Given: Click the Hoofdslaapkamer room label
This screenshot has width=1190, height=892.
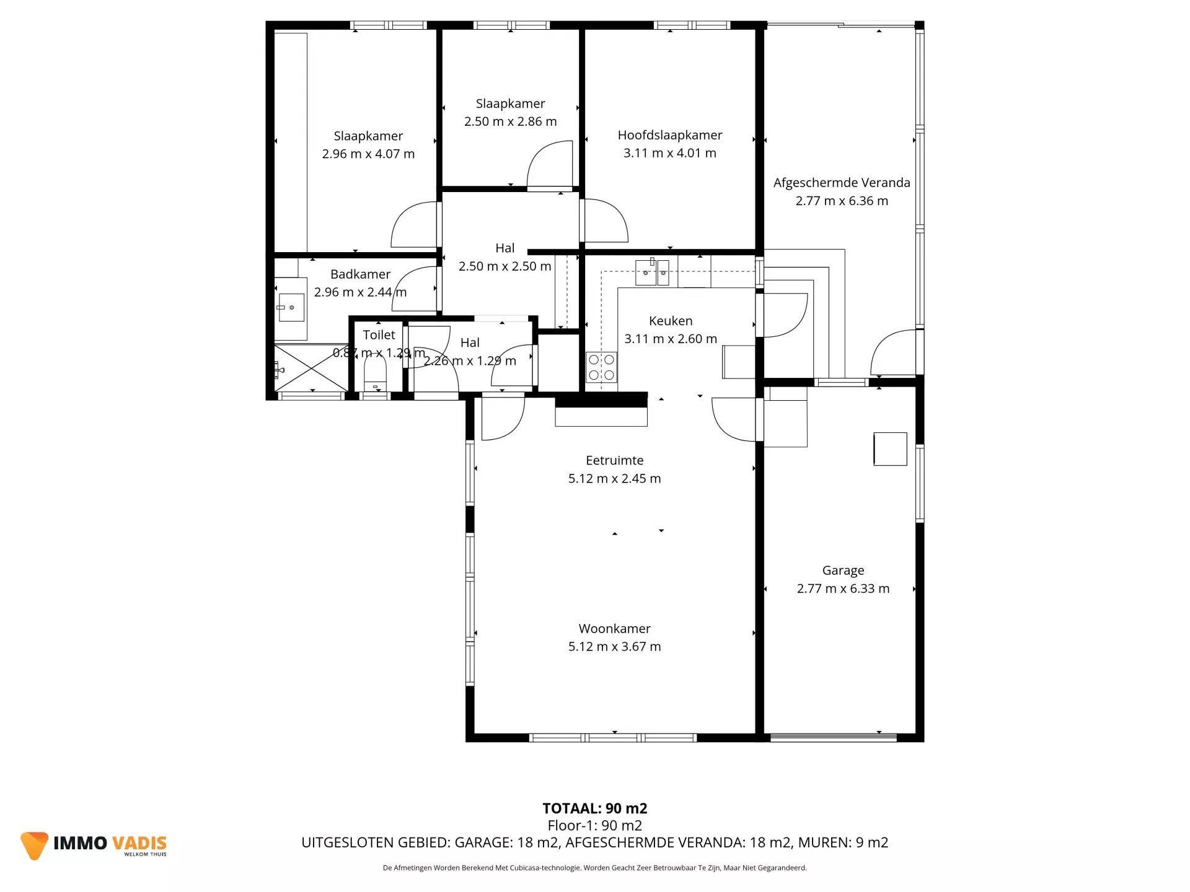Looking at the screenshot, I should (669, 135).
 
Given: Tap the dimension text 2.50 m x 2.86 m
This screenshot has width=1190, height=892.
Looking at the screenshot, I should (510, 121).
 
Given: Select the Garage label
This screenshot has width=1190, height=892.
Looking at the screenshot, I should (843, 571).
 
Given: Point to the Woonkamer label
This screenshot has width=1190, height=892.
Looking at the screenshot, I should (614, 629).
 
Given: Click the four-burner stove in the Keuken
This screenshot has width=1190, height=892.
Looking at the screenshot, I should (601, 367).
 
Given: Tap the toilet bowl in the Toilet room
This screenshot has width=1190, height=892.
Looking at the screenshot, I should (375, 375).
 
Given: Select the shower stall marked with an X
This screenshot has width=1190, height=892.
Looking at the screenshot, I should (311, 368).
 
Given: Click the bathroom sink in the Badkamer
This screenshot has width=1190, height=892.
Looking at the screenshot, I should (291, 308).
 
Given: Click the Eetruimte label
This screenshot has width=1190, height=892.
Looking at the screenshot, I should (614, 460).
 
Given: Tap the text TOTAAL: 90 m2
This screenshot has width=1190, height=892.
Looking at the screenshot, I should (594, 808).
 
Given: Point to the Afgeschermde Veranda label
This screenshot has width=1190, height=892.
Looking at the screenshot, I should (841, 183).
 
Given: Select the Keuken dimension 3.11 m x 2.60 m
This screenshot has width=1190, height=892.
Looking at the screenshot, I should (670, 339).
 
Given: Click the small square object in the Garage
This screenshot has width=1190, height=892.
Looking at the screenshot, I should (890, 449).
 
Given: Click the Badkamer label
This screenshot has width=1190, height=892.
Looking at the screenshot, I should (360, 274).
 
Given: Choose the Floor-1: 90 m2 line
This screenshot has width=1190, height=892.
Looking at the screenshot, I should (594, 826).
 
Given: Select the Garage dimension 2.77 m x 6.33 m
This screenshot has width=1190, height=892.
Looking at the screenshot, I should (843, 588).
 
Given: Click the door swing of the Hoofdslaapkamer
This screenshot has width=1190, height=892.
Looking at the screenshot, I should (604, 221).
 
